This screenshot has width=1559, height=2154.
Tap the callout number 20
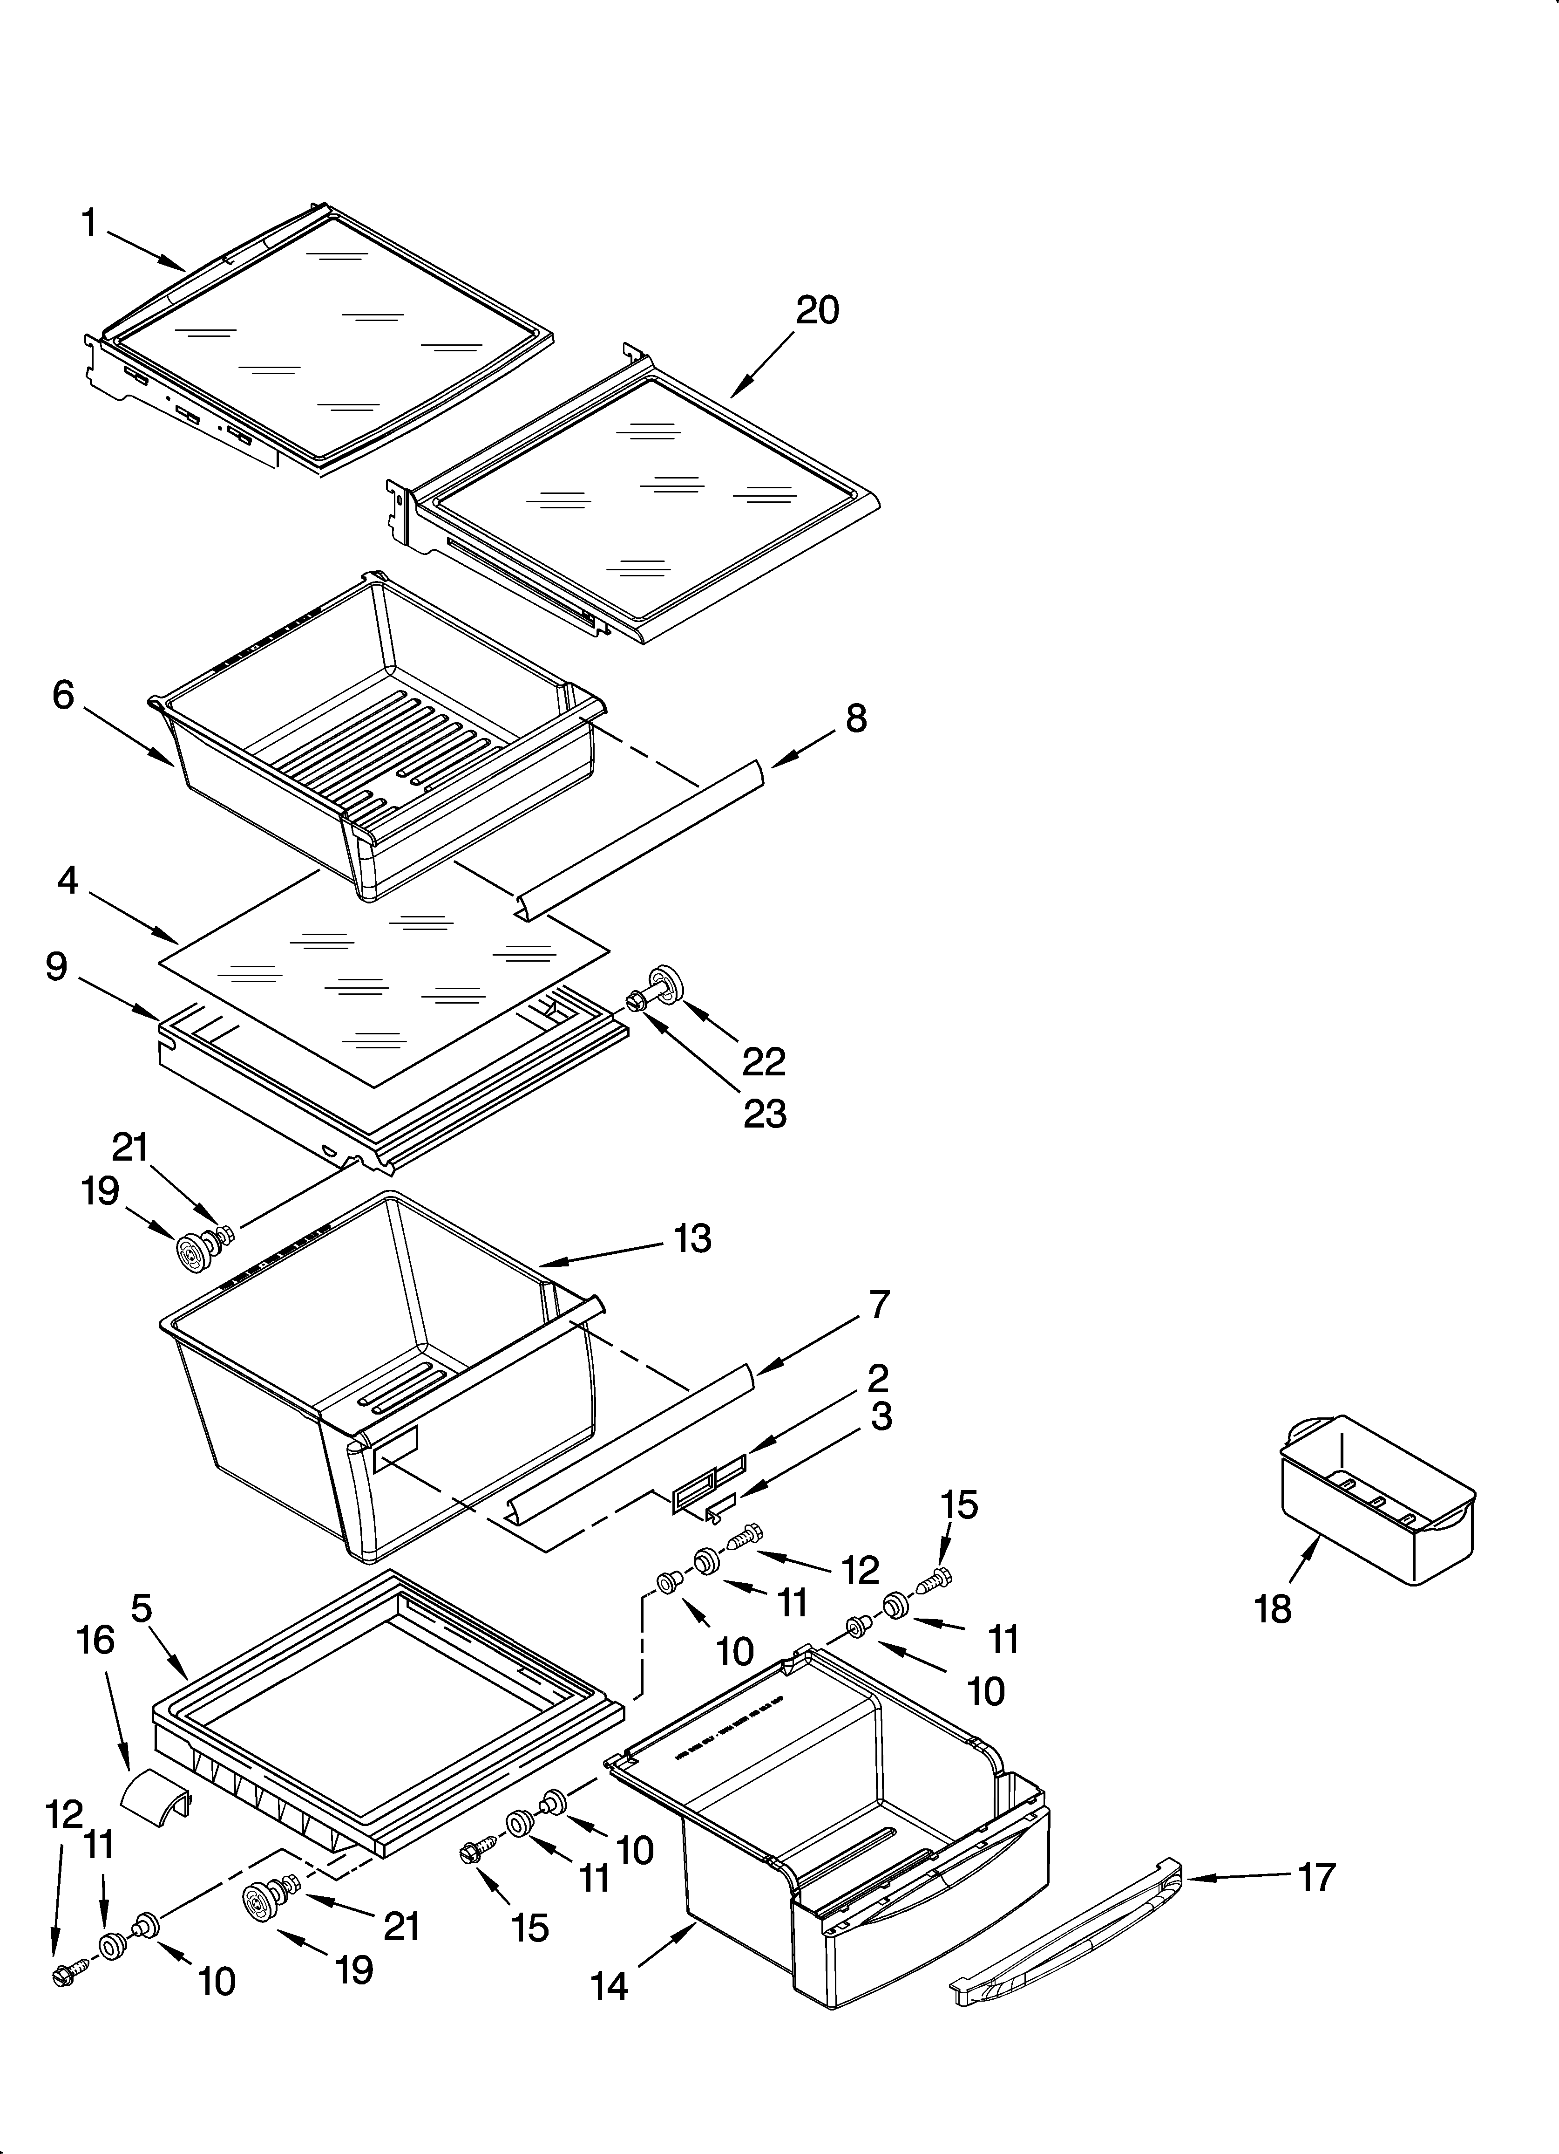[x=818, y=311]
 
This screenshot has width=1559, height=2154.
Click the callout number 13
[x=693, y=1238]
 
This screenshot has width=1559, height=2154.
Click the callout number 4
[x=67, y=881]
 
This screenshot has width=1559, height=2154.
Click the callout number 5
[x=141, y=1608]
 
